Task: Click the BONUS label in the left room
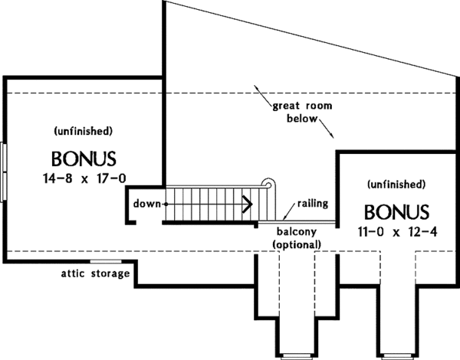click(84, 159)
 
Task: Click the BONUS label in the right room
click(396, 211)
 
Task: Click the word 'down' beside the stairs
click(146, 204)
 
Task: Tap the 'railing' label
click(314, 203)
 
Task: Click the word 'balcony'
click(296, 231)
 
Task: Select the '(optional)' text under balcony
click(296, 244)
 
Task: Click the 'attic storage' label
click(96, 273)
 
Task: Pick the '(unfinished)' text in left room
click(84, 131)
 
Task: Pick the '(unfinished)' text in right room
click(396, 184)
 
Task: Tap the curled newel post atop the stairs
click(268, 184)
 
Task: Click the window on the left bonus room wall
click(4, 170)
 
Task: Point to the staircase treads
click(207, 204)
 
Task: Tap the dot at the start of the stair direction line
click(165, 204)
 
